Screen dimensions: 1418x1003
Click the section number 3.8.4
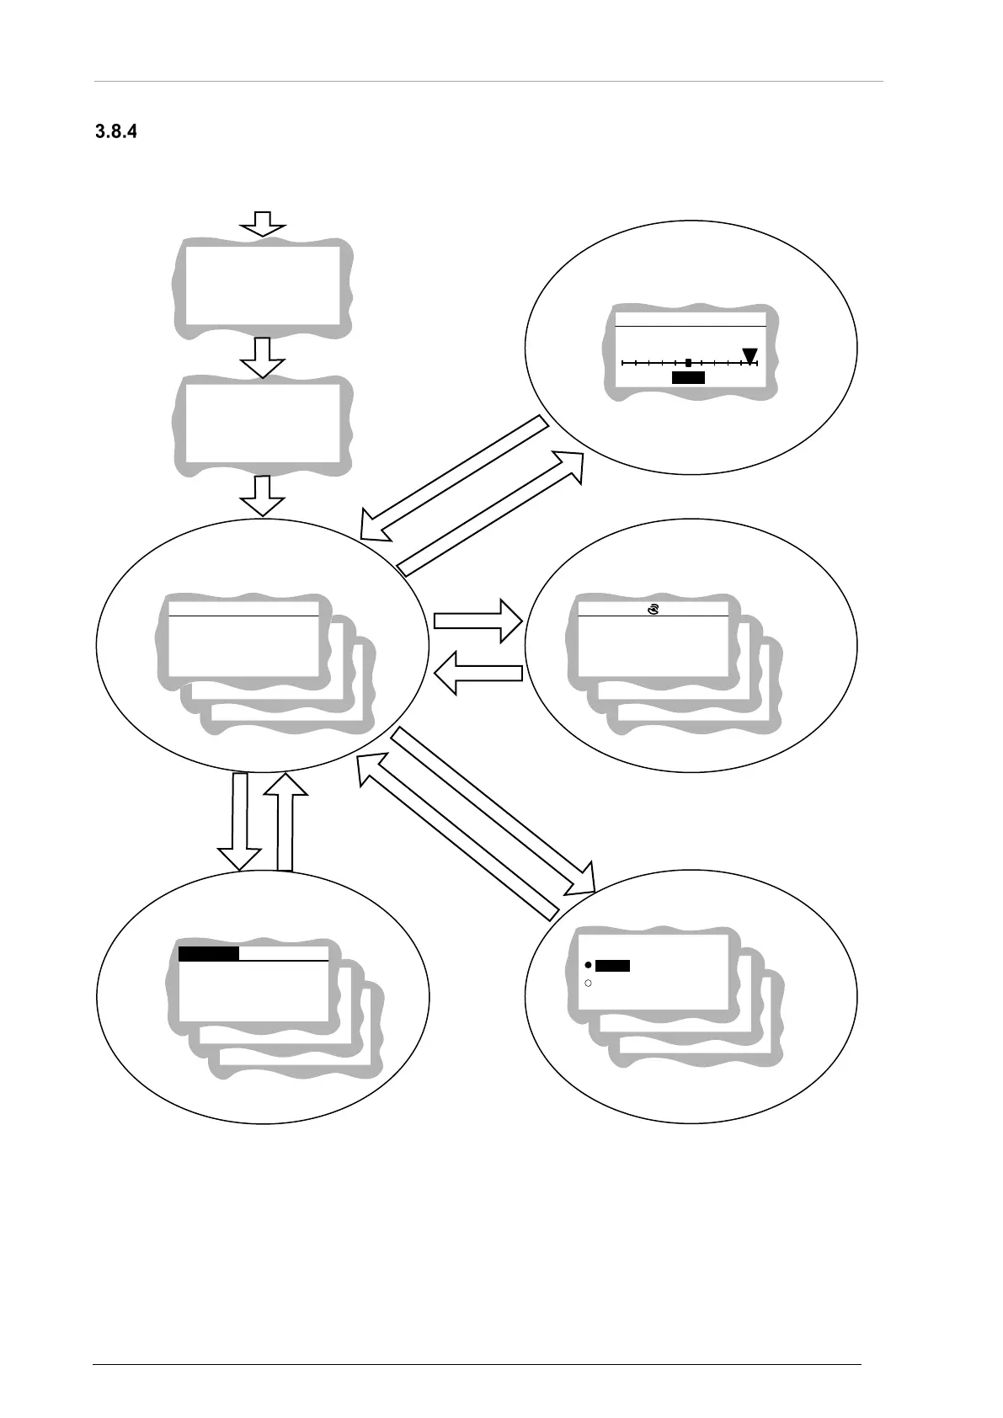tap(116, 132)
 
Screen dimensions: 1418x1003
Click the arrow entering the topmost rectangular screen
tap(263, 224)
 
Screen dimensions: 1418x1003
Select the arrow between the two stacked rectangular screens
tap(263, 358)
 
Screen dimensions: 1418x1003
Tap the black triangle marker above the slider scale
tap(750, 355)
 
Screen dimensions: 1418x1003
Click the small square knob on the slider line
tap(688, 363)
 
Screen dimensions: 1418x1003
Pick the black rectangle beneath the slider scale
tap(688, 378)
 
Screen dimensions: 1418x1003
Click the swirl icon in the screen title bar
tap(653, 608)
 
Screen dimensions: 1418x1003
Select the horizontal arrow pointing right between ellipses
tap(478, 621)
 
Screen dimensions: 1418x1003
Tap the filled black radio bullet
tap(588, 965)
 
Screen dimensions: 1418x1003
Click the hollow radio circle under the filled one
tap(588, 983)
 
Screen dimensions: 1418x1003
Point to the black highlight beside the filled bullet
tap(612, 966)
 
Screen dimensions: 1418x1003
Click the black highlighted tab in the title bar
tap(209, 953)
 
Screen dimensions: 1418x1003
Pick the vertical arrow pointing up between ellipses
tap(285, 821)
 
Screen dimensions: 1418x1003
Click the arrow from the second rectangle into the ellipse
tap(263, 495)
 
